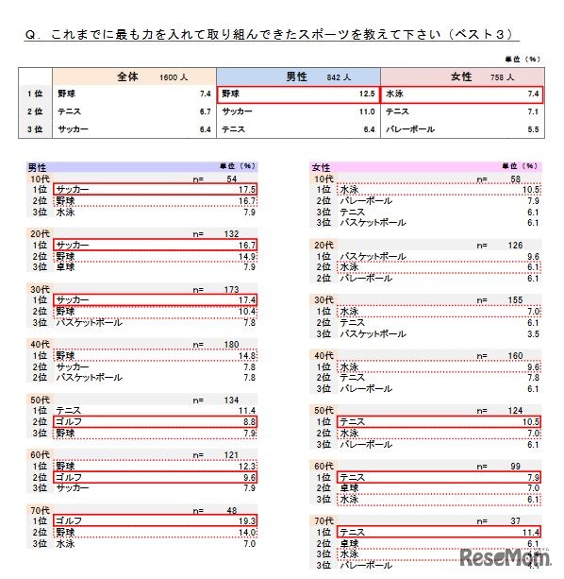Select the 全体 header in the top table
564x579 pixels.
point(127,76)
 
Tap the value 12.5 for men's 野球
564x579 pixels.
point(367,94)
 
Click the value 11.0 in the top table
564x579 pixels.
point(367,111)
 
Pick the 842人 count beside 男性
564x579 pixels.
point(340,77)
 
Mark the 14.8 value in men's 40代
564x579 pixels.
point(247,355)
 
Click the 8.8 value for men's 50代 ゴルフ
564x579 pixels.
point(248,421)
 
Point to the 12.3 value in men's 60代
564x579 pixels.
point(247,466)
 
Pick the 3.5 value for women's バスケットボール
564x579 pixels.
point(533,333)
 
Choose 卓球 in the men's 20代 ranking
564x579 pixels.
point(65,267)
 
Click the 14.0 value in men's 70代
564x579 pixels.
point(247,532)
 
